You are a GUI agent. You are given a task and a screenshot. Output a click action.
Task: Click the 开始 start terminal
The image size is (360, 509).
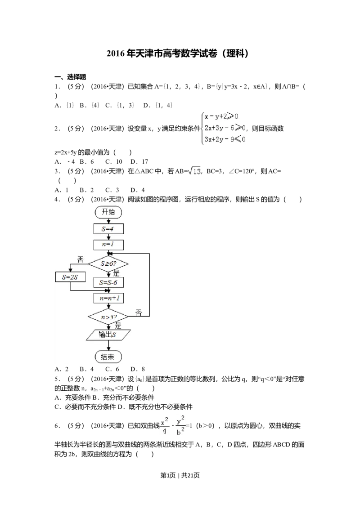(108, 212)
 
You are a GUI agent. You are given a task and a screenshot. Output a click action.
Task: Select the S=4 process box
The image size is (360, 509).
(108, 229)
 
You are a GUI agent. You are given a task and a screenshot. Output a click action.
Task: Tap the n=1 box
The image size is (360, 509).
(108, 245)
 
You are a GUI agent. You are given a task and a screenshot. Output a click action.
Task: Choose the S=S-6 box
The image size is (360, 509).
(108, 282)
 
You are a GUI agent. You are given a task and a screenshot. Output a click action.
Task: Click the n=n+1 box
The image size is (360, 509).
(108, 298)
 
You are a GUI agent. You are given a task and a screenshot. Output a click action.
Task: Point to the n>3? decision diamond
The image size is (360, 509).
(108, 317)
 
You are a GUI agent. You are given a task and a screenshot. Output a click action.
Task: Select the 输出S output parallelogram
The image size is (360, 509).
(108, 335)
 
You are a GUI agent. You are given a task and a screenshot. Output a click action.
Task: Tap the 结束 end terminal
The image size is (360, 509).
(108, 357)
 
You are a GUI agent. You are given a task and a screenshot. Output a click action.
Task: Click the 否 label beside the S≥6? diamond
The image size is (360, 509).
(80, 259)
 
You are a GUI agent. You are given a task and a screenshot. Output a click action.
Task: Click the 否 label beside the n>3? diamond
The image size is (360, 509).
(139, 313)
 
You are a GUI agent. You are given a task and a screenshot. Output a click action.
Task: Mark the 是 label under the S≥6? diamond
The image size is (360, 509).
(116, 273)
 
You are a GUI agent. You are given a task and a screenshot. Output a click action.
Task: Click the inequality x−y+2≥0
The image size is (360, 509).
(221, 117)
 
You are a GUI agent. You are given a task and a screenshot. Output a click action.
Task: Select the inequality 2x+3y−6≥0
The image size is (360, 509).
(224, 129)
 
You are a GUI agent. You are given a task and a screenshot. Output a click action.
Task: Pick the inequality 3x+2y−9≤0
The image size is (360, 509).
(224, 140)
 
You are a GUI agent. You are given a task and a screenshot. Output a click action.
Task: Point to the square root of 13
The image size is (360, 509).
(194, 171)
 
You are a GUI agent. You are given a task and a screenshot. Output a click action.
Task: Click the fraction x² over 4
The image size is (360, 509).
(164, 425)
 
